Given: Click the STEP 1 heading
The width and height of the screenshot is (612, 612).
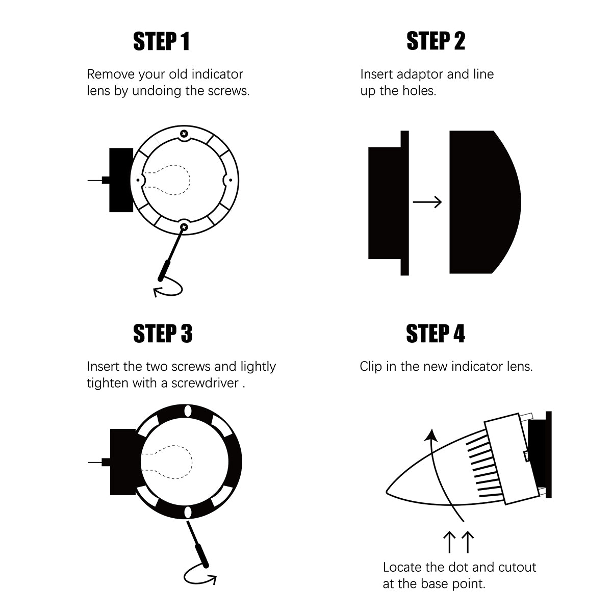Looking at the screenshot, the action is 161,41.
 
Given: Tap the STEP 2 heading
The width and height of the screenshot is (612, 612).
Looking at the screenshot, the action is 436,41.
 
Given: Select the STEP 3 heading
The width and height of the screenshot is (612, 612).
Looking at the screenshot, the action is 163,334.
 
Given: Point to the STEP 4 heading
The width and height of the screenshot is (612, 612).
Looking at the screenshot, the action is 436,333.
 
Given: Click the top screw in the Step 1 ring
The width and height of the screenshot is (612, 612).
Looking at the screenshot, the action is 184,134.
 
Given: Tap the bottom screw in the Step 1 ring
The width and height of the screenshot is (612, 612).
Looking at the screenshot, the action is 184,227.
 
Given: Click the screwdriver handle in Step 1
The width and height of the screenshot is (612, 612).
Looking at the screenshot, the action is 165,270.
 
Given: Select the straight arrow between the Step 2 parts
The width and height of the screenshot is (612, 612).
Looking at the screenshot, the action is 427,201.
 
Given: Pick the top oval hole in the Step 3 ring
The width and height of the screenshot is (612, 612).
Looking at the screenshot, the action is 188,411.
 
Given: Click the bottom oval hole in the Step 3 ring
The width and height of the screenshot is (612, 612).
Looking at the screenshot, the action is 188,512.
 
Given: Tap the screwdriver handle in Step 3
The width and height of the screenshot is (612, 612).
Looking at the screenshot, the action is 201,555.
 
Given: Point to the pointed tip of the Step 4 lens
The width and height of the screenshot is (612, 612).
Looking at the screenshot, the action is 387,493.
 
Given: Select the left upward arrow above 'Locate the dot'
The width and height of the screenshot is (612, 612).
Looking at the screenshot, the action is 449,542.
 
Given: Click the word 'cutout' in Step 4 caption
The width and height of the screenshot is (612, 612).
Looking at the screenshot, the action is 517,567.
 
